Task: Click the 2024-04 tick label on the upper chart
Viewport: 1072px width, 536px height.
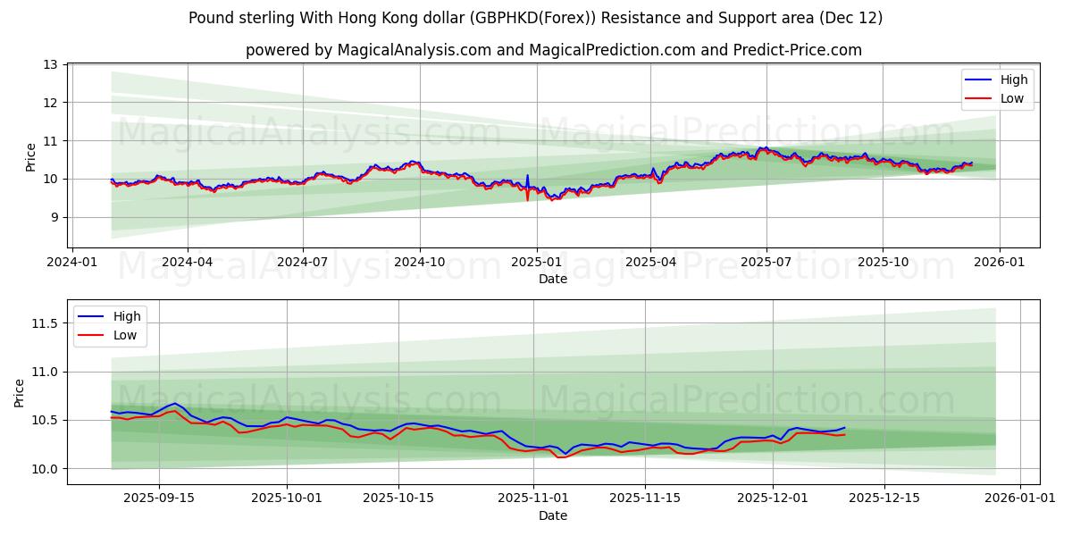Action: tap(187, 263)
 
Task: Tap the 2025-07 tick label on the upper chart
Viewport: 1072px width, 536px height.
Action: tap(766, 263)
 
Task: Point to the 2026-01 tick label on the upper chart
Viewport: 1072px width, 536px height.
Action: tap(998, 263)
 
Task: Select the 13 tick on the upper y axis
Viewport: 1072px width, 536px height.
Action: tap(50, 64)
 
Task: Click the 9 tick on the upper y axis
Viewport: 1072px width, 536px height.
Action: tap(54, 217)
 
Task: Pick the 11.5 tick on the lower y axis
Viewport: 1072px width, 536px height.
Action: tap(45, 323)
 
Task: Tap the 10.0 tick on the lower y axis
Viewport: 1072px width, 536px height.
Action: tap(45, 469)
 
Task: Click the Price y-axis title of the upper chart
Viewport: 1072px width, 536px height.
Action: tap(31, 157)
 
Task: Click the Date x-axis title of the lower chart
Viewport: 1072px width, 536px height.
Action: tap(552, 515)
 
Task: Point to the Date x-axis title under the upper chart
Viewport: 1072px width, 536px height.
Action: tap(552, 279)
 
